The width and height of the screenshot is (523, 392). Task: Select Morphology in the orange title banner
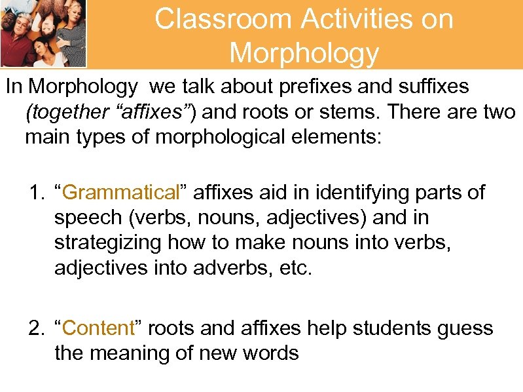(x=304, y=52)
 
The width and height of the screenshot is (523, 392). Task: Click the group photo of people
(x=43, y=33)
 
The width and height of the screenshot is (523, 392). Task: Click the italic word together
(x=66, y=113)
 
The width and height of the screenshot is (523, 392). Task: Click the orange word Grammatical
(x=121, y=193)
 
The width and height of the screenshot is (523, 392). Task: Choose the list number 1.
(x=35, y=193)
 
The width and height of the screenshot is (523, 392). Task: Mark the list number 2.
(x=35, y=328)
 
